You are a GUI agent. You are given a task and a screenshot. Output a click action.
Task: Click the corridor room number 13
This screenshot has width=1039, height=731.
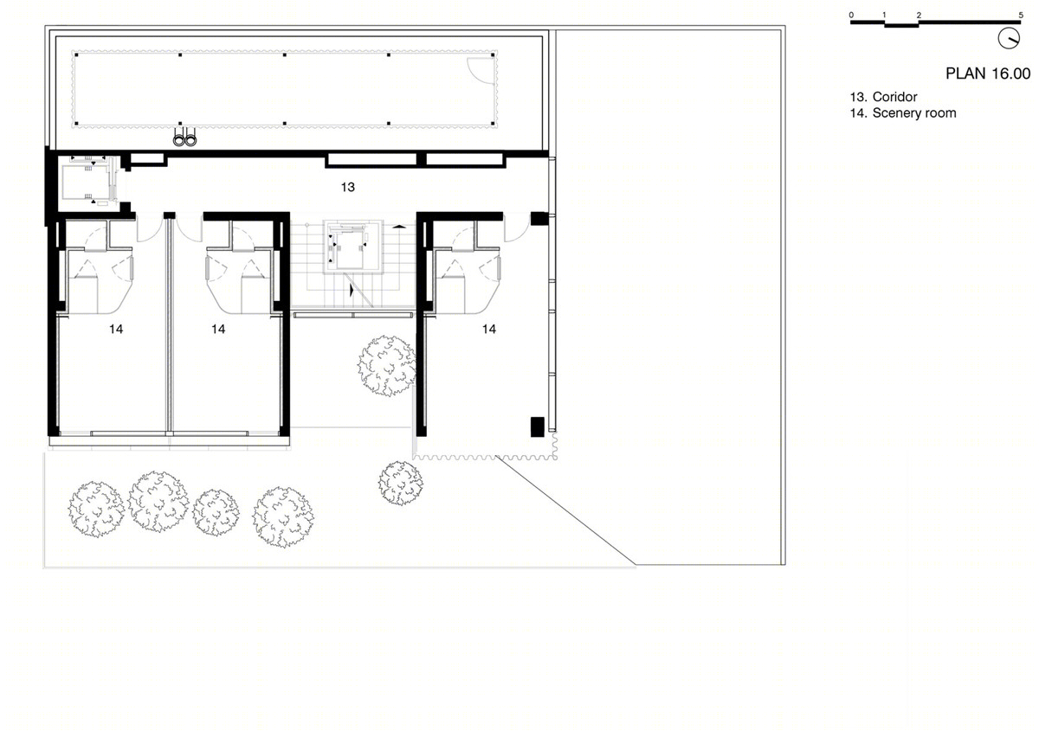pos(348,187)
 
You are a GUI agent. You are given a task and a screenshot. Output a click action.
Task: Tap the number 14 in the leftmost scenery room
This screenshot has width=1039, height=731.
pos(116,329)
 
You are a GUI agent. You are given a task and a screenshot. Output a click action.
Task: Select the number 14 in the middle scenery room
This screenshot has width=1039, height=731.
pos(218,329)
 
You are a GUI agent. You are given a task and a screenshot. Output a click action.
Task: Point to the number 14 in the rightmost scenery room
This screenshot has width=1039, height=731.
pos(489,329)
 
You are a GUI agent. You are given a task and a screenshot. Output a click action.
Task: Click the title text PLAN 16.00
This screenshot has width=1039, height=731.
pos(988,74)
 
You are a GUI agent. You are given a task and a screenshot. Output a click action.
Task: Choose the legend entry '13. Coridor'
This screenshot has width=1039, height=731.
pos(884,97)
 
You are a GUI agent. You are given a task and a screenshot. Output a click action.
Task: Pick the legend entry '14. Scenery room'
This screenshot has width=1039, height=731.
pos(903,113)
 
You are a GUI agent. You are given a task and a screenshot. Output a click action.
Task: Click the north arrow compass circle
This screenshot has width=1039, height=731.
pos(1009,38)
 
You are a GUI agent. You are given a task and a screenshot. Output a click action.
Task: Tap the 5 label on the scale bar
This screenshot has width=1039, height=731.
pos(1021,16)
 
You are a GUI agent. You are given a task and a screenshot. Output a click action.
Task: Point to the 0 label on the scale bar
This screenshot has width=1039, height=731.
pos(851,16)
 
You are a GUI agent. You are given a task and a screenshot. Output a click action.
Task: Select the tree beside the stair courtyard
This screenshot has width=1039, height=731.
pos(387,366)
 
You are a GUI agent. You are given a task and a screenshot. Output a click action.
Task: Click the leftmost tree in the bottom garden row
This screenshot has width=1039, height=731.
pos(96,510)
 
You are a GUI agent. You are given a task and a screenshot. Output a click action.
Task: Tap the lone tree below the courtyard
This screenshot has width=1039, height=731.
pos(401,483)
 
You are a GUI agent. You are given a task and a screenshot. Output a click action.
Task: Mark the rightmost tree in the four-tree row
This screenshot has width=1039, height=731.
pos(283,516)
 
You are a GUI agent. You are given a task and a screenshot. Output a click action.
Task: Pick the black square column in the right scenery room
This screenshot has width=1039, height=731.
pos(537,426)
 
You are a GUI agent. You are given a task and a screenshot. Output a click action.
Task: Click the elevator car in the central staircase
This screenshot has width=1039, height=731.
pos(349,250)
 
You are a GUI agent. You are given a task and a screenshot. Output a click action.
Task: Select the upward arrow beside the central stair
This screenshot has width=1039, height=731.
pos(398,226)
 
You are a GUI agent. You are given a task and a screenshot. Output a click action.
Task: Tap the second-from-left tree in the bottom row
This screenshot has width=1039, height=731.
pos(158,502)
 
